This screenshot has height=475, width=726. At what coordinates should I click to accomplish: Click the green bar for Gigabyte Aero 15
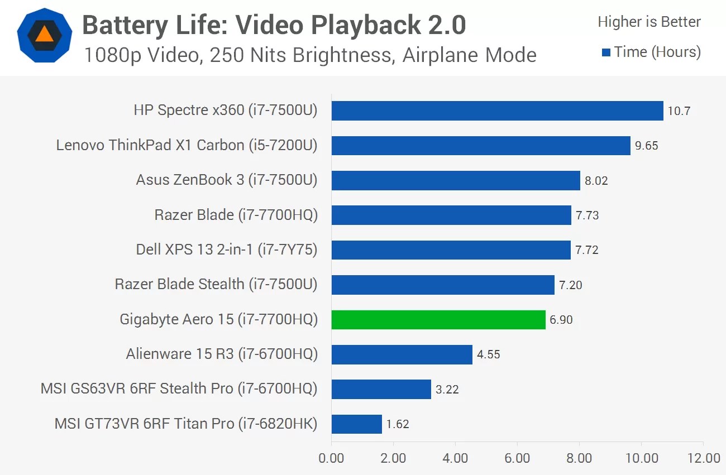point(438,320)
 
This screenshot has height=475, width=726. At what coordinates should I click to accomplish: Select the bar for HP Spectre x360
point(497,111)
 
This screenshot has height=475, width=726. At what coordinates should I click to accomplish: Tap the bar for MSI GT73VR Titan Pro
point(356,424)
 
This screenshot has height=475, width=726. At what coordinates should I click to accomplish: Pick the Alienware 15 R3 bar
point(402,354)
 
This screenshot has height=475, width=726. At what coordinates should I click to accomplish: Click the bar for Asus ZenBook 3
point(456,180)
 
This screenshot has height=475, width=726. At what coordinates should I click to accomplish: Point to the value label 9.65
point(647,146)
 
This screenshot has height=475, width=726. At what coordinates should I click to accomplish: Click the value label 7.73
point(588,215)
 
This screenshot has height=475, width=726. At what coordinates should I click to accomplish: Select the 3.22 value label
point(447,390)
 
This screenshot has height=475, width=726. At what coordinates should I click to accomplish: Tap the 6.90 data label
point(561,320)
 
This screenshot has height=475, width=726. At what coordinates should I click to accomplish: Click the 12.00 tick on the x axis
point(703,459)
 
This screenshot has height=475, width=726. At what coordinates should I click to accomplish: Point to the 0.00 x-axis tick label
point(331,459)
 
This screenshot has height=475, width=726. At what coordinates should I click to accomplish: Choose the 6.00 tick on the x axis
point(517,459)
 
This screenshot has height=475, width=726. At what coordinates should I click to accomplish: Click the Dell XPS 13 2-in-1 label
point(227,250)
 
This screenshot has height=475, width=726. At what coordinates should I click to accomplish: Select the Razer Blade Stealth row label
point(216,284)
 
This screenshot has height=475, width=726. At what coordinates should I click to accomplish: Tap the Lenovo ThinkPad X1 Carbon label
point(187,146)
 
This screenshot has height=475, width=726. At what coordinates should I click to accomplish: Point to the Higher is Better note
point(649,22)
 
